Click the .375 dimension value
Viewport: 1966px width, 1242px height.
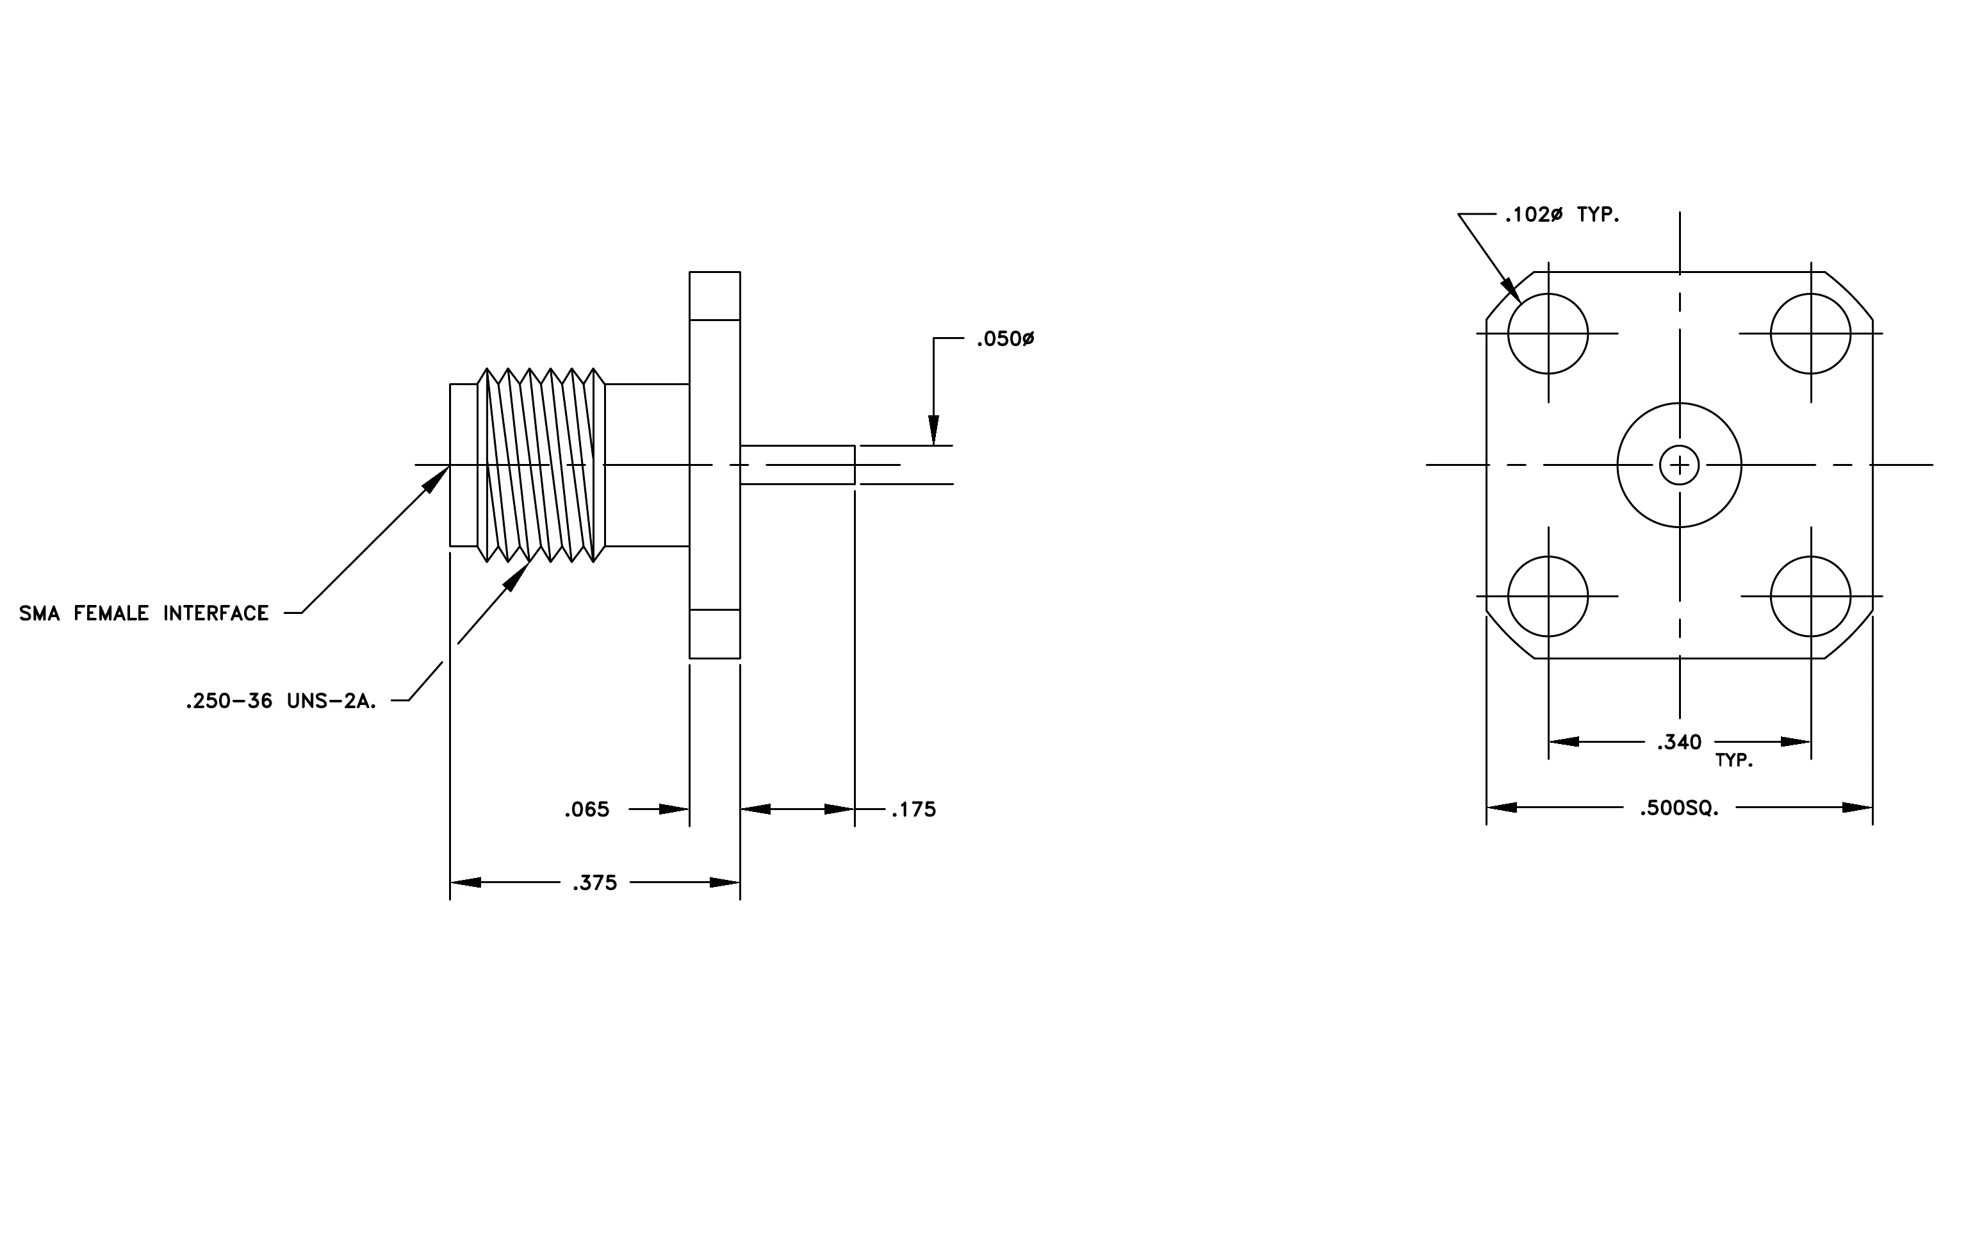pos(594,882)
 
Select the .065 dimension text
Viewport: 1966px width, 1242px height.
pos(587,809)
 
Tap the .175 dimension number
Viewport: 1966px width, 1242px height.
pos(913,809)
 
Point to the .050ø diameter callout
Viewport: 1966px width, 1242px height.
pos(1005,339)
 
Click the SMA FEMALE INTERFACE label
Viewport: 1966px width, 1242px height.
pos(143,613)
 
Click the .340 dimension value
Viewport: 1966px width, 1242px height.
pos(1680,742)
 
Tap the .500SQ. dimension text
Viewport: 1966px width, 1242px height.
pos(1680,808)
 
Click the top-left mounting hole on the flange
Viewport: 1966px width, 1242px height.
pos(1548,294)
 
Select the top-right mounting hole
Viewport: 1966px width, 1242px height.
pos(1811,294)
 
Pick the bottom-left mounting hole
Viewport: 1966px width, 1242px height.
pos(1548,557)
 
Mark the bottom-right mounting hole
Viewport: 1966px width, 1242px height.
pos(1811,557)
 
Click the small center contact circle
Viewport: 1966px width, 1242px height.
pos(1680,446)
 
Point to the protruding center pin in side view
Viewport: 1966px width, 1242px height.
pos(798,465)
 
